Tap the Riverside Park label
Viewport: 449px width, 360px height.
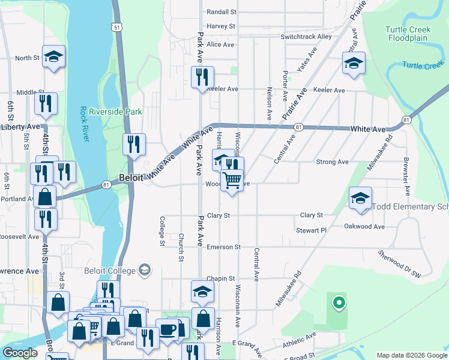[x=115, y=112]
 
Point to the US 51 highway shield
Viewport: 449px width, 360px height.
[x=116, y=27]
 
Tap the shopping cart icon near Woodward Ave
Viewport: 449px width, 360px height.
[x=232, y=179]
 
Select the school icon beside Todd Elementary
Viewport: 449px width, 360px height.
[x=360, y=198]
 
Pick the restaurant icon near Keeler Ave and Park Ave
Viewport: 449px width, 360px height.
[x=202, y=77]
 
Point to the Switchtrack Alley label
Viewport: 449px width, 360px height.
[x=306, y=37]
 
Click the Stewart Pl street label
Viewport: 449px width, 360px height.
[x=311, y=230]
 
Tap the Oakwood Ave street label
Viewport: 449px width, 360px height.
[x=364, y=226]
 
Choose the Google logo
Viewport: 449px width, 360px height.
[x=20, y=353]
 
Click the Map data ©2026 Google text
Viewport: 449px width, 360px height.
[x=411, y=355]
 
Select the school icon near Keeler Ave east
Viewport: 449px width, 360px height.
[x=354, y=63]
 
